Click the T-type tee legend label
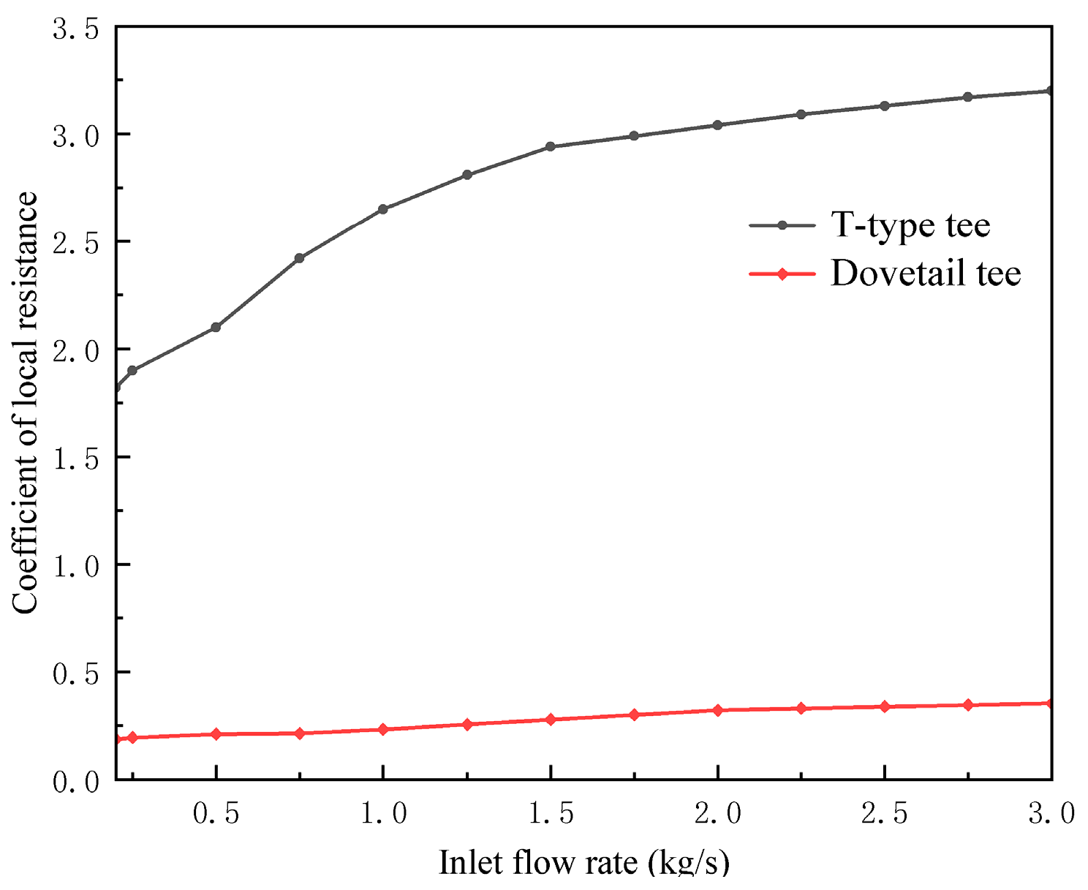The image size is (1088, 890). pyautogui.click(x=910, y=225)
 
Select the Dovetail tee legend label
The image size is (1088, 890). pyautogui.click(x=926, y=274)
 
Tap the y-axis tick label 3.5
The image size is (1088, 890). pyautogui.click(x=75, y=30)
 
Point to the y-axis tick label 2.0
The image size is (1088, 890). pyautogui.click(x=75, y=350)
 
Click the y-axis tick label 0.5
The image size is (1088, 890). pyautogui.click(x=75, y=674)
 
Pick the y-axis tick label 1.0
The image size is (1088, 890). pyautogui.click(x=75, y=566)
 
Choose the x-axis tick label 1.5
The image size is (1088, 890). pyautogui.click(x=551, y=813)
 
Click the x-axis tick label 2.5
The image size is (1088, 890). pyautogui.click(x=885, y=813)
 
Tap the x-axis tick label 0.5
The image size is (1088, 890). pyautogui.click(x=216, y=813)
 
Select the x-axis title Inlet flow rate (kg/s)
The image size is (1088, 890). pyautogui.click(x=583, y=863)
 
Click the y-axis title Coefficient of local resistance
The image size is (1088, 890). pyautogui.click(x=25, y=403)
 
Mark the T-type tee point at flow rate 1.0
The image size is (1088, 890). pyautogui.click(x=383, y=209)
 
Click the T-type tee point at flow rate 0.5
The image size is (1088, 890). pyautogui.click(x=216, y=327)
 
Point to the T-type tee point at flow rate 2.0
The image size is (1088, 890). pyautogui.click(x=717, y=125)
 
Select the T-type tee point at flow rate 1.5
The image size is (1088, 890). pyautogui.click(x=551, y=146)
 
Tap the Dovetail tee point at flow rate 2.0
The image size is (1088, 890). pyautogui.click(x=717, y=710)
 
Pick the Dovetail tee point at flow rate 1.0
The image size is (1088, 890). pyautogui.click(x=383, y=729)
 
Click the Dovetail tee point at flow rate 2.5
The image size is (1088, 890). pyautogui.click(x=885, y=706)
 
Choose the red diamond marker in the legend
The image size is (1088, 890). pyautogui.click(x=782, y=274)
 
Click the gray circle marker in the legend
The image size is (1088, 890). pyautogui.click(x=782, y=226)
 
